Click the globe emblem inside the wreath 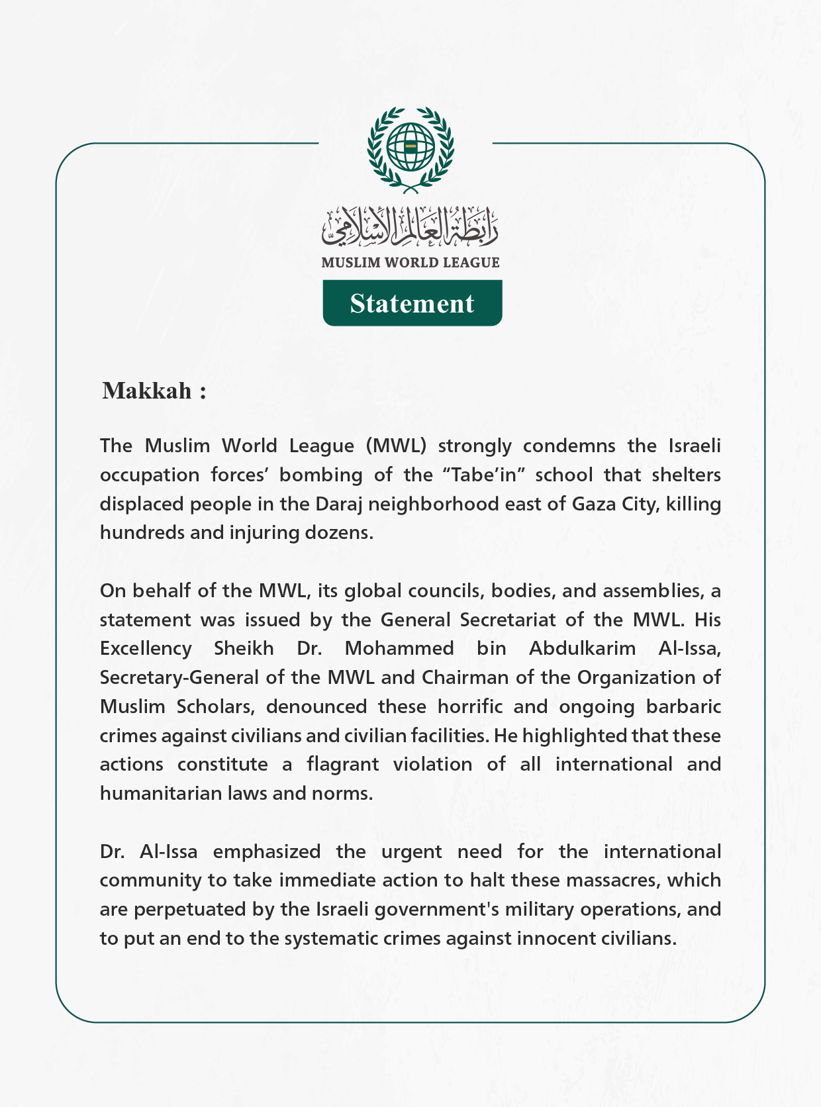pyautogui.click(x=410, y=147)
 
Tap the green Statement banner pyautogui.click(x=412, y=303)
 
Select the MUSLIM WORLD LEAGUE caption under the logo pyautogui.click(x=410, y=263)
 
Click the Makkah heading pyautogui.click(x=154, y=391)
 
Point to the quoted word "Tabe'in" pyautogui.click(x=479, y=475)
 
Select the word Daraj pyautogui.click(x=338, y=505)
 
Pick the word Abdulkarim pyautogui.click(x=582, y=648)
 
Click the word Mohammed pyautogui.click(x=399, y=648)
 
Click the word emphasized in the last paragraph pyautogui.click(x=266, y=851)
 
